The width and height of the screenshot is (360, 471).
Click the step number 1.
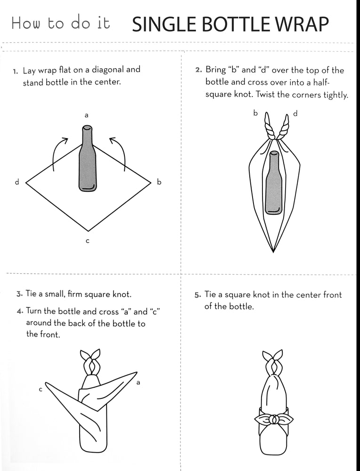(16, 71)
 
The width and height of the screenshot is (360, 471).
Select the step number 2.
(198, 70)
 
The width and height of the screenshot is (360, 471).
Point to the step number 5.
(197, 295)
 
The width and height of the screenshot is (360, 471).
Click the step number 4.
(20, 311)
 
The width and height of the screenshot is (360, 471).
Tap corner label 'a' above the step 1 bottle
(87, 115)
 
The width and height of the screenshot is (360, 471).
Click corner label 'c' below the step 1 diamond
(88, 241)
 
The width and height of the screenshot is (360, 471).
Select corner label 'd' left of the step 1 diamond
(17, 181)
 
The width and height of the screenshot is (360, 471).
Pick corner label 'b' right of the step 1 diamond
(159, 181)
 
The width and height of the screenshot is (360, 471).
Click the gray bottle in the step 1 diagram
(87, 159)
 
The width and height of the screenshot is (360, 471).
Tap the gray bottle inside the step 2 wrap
(273, 183)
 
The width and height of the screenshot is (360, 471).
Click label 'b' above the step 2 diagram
(255, 113)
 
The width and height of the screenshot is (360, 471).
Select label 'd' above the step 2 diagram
(295, 113)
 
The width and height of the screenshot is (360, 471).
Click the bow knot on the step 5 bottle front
(274, 418)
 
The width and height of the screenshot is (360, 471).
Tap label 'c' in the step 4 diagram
(41, 390)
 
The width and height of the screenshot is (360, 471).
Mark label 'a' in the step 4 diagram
(138, 382)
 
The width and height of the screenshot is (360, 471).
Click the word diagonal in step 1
(107, 70)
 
